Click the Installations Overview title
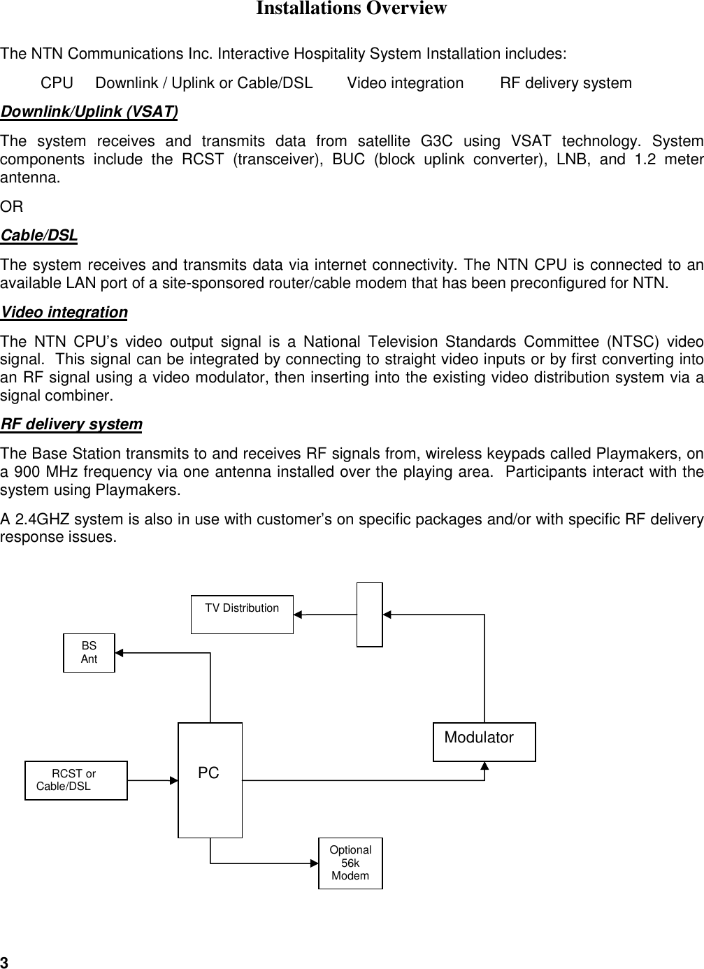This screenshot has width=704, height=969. coord(351,9)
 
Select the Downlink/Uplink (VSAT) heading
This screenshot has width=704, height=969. coord(89,112)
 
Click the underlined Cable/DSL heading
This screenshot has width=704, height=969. coord(39,236)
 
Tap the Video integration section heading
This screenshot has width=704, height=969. coord(64,313)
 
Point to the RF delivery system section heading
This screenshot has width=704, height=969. coord(71,424)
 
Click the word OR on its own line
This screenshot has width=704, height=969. coord(11,207)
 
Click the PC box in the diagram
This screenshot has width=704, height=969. coord(210,780)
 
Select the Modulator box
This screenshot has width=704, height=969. coord(484,742)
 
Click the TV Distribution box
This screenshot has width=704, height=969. coord(242,615)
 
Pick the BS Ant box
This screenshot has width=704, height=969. coord(89,652)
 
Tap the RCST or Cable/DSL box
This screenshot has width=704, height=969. coord(76,780)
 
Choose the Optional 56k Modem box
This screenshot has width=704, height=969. coord(350,863)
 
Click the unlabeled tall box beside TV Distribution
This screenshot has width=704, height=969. coord(369,615)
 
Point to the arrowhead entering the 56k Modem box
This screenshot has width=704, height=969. coord(314,863)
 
